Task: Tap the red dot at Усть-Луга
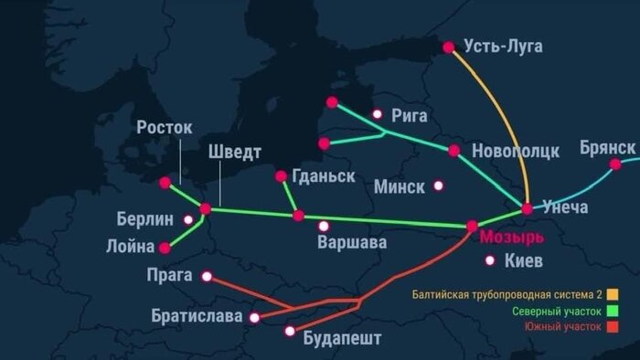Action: pos(449,47)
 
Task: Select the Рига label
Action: pos(408,115)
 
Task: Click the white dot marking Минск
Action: pos(438,185)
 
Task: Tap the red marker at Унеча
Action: pos(528,209)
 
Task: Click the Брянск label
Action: pos(607,147)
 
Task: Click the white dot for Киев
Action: pos(491,260)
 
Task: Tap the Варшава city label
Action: pos(351,243)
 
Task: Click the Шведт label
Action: pos(234,152)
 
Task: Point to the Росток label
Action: pos(165,128)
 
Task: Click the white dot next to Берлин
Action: pos(187,219)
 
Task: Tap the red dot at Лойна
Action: pos(165,248)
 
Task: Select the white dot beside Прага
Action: pos(208,275)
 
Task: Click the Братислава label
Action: pos(197,317)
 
